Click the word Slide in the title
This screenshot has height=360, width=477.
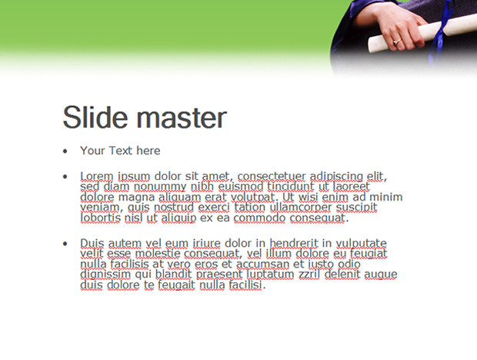[x=95, y=118]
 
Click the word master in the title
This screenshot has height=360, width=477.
[x=182, y=118]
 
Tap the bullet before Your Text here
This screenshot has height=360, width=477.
[x=65, y=151]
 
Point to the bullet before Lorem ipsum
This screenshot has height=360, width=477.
[x=65, y=176]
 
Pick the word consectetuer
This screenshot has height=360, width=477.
[x=272, y=176]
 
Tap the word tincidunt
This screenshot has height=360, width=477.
[x=291, y=186]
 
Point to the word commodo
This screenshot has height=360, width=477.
[x=259, y=218]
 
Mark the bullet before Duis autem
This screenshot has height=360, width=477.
[x=65, y=244]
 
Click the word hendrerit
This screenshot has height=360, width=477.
[x=294, y=243]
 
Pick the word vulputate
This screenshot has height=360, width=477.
[x=361, y=244]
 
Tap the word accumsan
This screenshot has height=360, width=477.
[x=262, y=264]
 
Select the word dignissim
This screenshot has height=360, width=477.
[x=105, y=275]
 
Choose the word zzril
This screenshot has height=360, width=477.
[x=309, y=275]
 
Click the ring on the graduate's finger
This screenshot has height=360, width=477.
[x=397, y=42]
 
